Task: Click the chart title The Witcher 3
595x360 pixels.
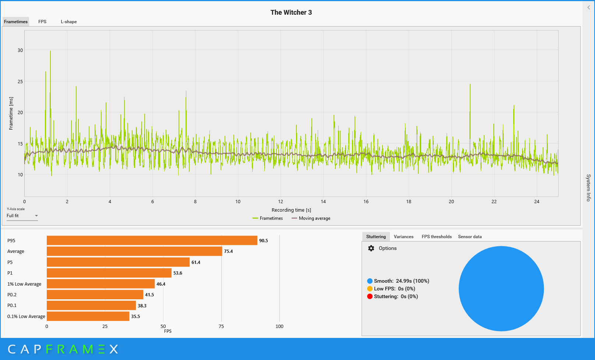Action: (x=291, y=13)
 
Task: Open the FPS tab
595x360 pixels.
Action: (x=42, y=22)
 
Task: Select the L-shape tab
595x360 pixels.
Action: (x=69, y=22)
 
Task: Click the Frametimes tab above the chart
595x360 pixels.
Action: (x=16, y=22)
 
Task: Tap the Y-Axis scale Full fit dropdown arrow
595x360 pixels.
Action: (x=36, y=216)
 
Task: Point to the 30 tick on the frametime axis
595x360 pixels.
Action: (x=20, y=50)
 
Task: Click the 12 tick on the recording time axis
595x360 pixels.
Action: (x=281, y=202)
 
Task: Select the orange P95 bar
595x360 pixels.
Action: (x=152, y=240)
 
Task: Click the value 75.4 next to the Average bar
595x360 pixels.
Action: (x=228, y=251)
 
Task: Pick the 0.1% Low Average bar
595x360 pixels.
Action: (x=88, y=316)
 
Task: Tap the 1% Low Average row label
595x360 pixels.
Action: (x=24, y=284)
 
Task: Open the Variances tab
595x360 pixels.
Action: (x=404, y=237)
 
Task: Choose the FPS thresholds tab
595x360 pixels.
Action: (x=437, y=237)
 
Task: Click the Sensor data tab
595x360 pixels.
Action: (x=470, y=237)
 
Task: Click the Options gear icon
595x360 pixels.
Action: (x=371, y=248)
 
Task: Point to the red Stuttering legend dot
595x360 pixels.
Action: (x=370, y=297)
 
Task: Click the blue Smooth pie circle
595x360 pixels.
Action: (x=501, y=289)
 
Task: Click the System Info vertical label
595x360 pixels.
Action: (x=588, y=188)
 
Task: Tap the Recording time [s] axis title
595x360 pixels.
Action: (x=291, y=210)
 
